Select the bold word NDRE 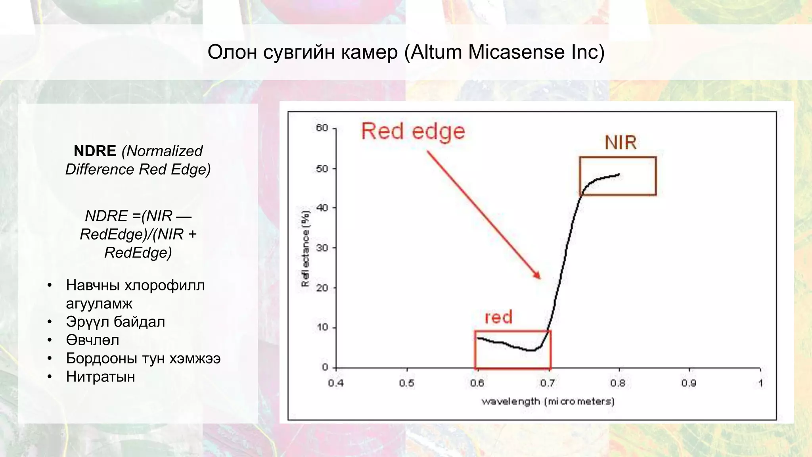pyautogui.click(x=95, y=151)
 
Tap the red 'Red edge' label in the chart pyautogui.click(x=413, y=131)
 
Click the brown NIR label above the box pyautogui.click(x=620, y=143)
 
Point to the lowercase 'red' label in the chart pyautogui.click(x=498, y=317)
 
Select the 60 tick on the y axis pyautogui.click(x=322, y=128)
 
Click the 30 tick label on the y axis pyautogui.click(x=322, y=248)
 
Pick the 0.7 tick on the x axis pyautogui.click(x=547, y=383)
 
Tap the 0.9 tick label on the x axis pyautogui.click(x=689, y=383)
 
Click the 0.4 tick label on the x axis pyautogui.click(x=335, y=383)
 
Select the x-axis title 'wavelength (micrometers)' pyautogui.click(x=548, y=401)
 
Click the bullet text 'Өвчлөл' pyautogui.click(x=92, y=340)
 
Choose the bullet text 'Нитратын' pyautogui.click(x=100, y=376)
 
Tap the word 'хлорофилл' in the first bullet pyautogui.click(x=165, y=285)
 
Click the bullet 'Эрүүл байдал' pyautogui.click(x=115, y=322)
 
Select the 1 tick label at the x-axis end pyautogui.click(x=760, y=383)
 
